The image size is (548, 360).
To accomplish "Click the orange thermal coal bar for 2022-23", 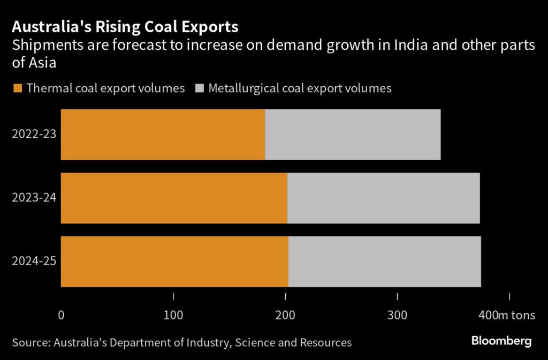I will coord(163,134).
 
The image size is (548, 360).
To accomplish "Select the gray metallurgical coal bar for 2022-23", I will coord(353,134).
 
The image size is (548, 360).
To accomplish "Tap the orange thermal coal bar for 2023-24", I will coord(174,198).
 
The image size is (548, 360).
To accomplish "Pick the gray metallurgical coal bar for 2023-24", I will coord(383,198).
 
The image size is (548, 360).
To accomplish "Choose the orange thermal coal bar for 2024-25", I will coord(174,261).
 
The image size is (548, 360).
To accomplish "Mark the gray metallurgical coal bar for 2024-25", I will coord(384,261).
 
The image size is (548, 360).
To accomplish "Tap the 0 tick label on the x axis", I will coord(61,316).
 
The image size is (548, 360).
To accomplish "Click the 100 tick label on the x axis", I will coord(173,316).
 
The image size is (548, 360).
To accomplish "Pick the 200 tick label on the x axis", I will coord(285,316).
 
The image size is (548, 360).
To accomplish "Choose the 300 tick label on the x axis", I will coord(398,316).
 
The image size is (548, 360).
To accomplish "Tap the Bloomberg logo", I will coord(501,341).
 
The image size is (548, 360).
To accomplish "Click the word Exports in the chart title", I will coord(206,27).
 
